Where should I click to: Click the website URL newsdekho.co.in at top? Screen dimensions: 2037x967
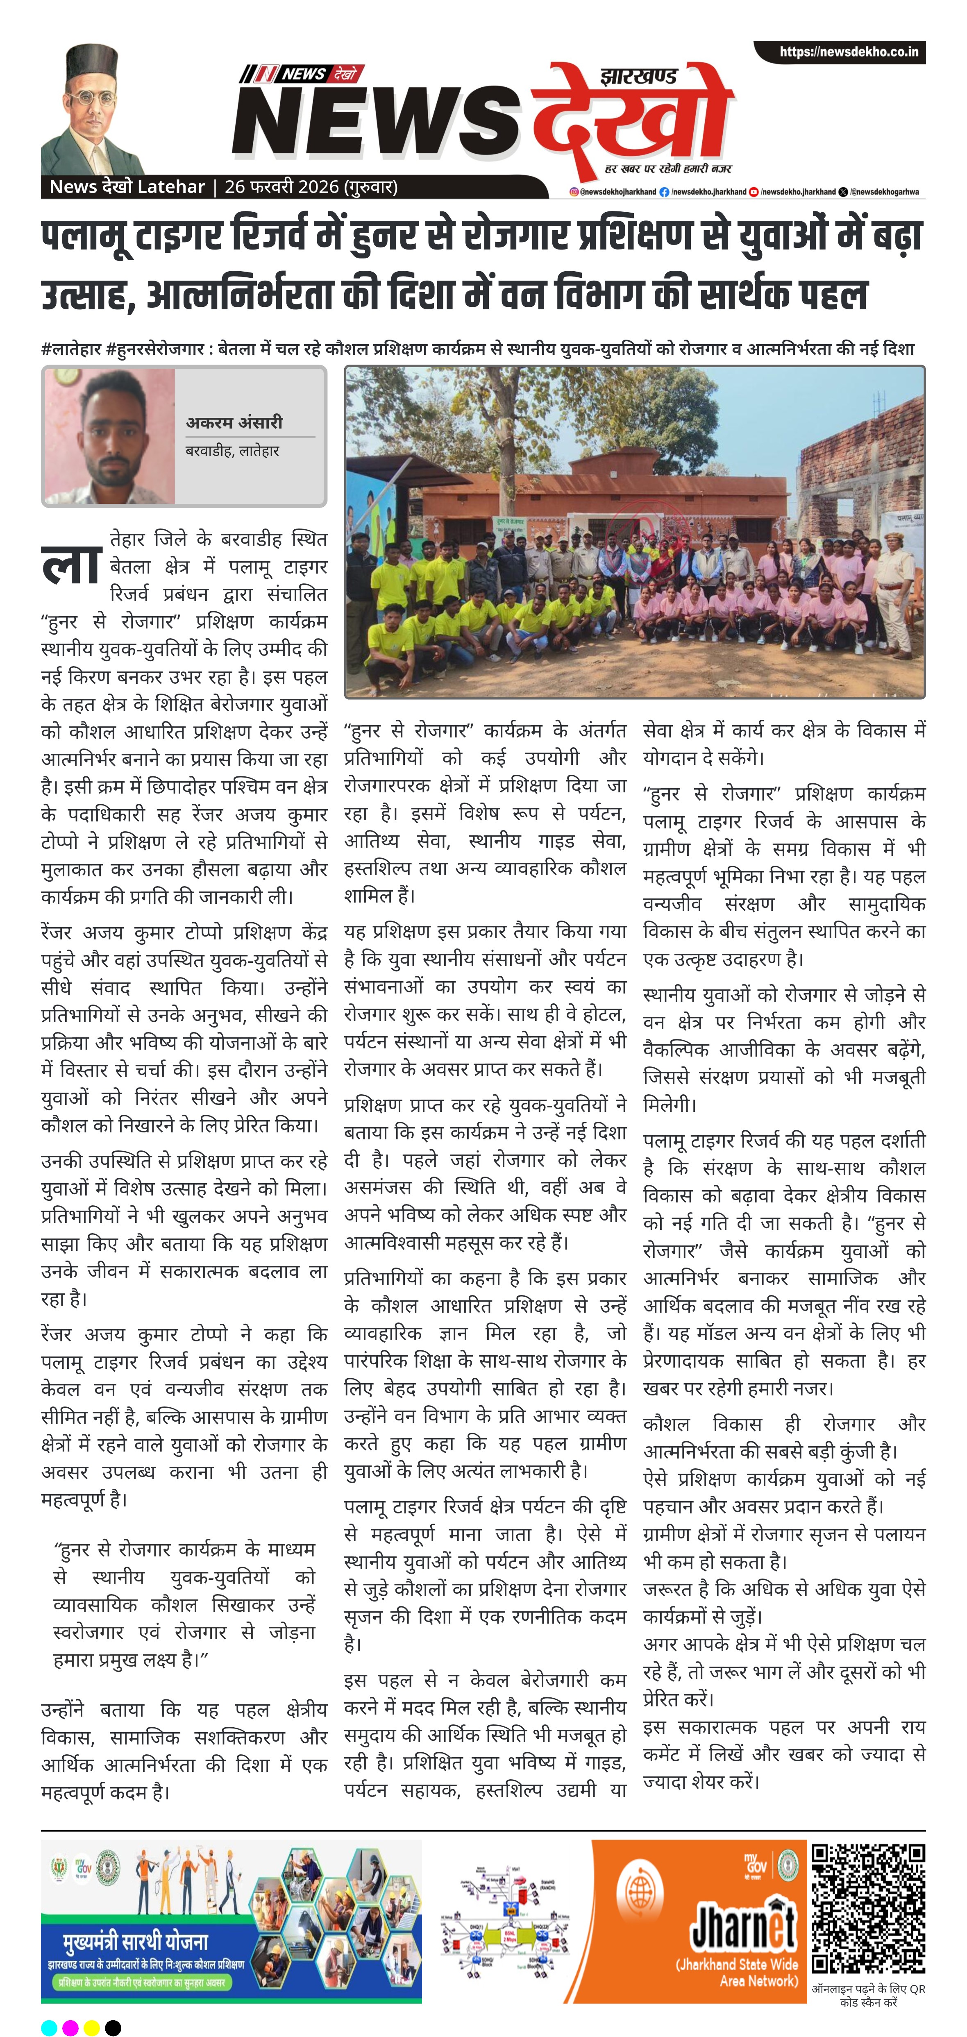click(849, 52)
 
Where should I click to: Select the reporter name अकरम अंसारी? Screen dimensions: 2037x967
click(234, 422)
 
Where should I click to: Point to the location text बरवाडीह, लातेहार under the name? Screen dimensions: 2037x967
click(232, 451)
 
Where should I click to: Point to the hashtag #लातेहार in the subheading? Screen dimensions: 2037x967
click(71, 349)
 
